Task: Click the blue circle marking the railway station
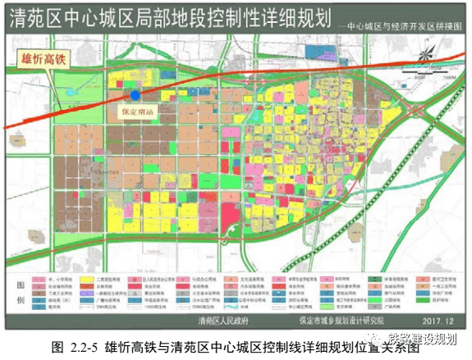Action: coord(135,95)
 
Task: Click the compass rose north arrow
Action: coord(430,56)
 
